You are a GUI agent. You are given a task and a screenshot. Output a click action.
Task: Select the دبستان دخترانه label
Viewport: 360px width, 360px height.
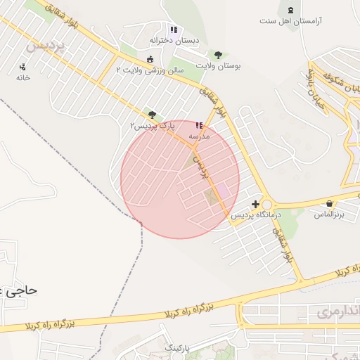[x=174, y=41]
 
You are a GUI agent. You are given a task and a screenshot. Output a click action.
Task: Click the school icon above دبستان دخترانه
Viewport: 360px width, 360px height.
[x=173, y=30]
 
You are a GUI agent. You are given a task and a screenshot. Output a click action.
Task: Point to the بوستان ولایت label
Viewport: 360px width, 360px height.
[x=218, y=65]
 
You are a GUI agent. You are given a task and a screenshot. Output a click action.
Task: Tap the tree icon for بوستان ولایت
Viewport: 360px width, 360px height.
[x=218, y=55]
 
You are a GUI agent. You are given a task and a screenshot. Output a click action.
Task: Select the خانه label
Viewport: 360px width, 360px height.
[x=23, y=77]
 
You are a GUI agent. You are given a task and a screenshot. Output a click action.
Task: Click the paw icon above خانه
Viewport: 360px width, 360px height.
[x=23, y=67]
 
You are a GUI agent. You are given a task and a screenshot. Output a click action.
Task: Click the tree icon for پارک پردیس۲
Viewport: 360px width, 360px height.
[x=152, y=114]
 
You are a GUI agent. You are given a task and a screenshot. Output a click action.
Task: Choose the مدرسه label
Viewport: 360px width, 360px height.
[x=199, y=136]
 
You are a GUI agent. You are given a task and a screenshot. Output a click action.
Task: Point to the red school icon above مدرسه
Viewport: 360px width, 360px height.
[x=199, y=125]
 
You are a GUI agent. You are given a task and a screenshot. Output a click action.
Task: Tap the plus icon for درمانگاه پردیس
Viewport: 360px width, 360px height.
[x=255, y=204]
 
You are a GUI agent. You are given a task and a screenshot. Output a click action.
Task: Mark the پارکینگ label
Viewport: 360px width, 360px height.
[x=178, y=349]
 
